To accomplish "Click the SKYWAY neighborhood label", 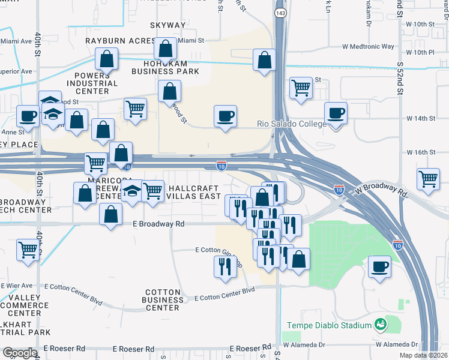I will click(167, 25).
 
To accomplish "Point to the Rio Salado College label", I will click(291, 124).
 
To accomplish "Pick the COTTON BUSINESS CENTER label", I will click(163, 299).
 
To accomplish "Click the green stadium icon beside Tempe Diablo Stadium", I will click(379, 325).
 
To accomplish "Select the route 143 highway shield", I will click(279, 13).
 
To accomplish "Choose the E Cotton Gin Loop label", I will click(218, 250).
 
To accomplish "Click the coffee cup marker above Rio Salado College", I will click(226, 116).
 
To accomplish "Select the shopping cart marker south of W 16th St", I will click(429, 178).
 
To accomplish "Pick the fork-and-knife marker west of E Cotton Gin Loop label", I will click(225, 266).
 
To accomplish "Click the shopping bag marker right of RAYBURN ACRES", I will click(165, 49).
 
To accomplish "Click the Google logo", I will click(20, 353).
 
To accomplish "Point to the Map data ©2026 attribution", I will click(423, 355).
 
